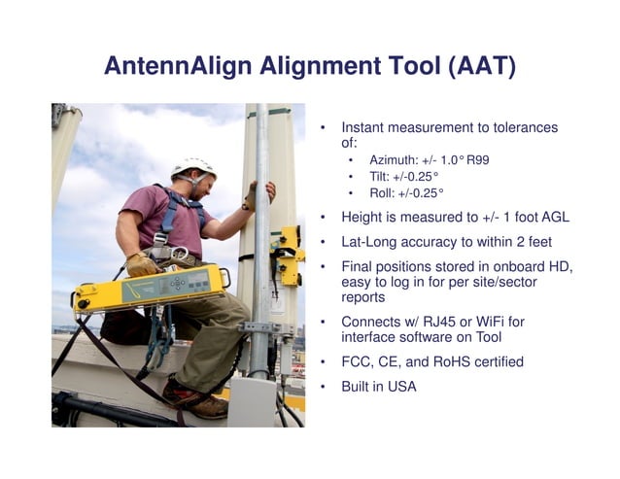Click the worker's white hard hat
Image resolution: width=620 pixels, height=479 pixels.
point(193,167)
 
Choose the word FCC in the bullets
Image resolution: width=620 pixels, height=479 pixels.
point(358,361)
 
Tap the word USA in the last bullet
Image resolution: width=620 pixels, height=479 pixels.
point(401,387)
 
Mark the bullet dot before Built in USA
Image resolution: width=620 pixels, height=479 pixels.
point(324,387)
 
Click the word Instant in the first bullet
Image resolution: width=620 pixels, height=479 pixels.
point(365,127)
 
